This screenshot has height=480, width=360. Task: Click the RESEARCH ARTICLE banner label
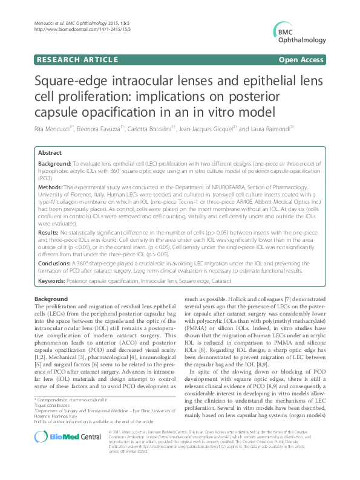click(x=77, y=60)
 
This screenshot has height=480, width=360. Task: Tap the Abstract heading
click(x=50, y=154)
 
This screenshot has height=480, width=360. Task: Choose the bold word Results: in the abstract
click(x=49, y=232)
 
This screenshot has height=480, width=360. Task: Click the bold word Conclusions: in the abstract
click(x=56, y=262)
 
